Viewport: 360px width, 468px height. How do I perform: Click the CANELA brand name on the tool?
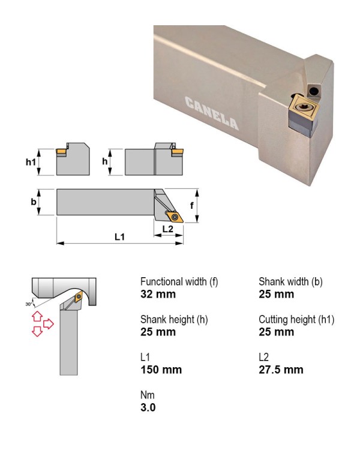(x=212, y=113)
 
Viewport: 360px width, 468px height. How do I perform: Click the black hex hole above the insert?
(x=313, y=91)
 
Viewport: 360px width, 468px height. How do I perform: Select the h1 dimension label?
(x=31, y=162)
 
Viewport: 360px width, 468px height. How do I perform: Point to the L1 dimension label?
(x=120, y=237)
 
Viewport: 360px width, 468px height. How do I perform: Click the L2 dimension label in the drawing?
(x=168, y=229)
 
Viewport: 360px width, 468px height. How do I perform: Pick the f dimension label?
(x=191, y=205)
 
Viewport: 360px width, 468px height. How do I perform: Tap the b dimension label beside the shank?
(x=34, y=202)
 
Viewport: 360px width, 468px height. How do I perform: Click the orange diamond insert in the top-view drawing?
(x=175, y=217)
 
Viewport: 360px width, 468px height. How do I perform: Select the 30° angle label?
(x=29, y=304)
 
